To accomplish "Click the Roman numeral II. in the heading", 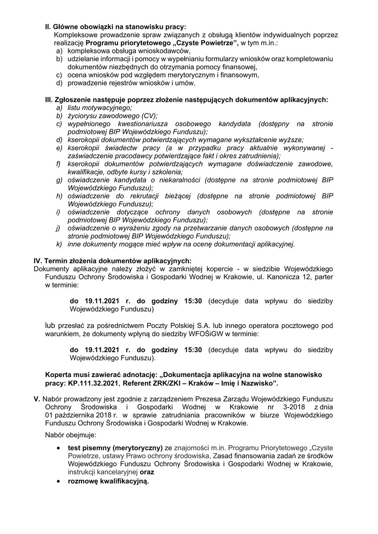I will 48,27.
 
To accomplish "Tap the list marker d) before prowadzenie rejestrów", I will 59,83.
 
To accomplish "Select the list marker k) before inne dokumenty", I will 59,244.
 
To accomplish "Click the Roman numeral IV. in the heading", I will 38,261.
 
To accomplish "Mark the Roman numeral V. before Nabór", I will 37,399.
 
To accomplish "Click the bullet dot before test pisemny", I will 59,448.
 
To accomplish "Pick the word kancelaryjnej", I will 116,472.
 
